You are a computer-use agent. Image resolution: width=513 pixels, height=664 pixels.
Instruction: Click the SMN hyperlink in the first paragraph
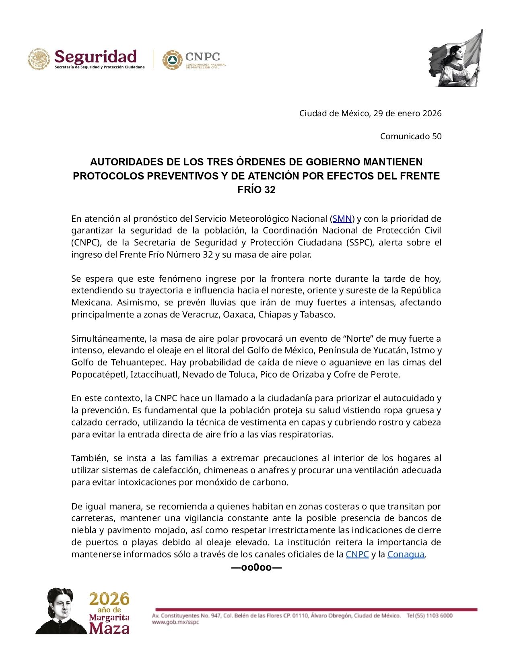coord(342,219)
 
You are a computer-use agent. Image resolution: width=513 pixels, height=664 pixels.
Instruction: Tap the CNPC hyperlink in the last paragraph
coord(357,554)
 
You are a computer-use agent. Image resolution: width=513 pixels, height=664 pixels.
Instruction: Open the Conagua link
coord(406,554)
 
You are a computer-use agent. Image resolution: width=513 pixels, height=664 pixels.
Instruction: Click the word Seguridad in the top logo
coord(95,57)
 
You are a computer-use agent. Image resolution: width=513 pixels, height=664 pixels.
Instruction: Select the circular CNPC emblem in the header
coord(172,60)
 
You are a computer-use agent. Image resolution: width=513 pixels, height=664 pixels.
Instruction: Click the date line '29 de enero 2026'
coord(407,113)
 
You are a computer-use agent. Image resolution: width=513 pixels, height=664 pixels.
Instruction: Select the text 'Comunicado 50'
coord(410,136)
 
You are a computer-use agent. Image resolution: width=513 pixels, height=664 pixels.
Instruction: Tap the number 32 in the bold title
coord(270,190)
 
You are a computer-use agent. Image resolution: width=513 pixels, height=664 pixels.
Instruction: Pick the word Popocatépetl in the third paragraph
coord(99,375)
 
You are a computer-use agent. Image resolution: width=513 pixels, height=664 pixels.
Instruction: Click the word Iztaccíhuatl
coord(155,375)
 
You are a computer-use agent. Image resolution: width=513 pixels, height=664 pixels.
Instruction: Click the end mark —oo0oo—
coord(256,568)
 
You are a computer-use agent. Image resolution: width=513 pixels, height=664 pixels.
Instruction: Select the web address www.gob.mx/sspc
coord(175,622)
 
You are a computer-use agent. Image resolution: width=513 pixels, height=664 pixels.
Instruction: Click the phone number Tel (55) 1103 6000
coord(429,615)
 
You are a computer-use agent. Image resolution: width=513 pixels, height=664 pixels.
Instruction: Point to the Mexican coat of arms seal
coord(39,60)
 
